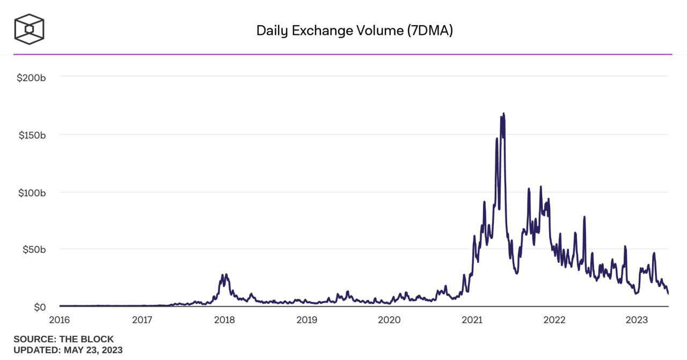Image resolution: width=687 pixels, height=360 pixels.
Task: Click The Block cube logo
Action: pos(29,29)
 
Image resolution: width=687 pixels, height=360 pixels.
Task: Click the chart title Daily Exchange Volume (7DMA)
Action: pos(354,31)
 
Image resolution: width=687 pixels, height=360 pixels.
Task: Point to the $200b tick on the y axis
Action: pos(31,77)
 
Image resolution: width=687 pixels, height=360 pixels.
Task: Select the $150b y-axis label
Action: pos(31,135)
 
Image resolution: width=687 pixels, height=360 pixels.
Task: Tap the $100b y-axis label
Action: pos(31,192)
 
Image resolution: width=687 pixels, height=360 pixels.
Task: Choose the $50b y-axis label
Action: pos(33,249)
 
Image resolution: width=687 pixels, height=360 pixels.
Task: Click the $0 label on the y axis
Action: pos(39,307)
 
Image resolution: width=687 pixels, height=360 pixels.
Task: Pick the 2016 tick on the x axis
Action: pos(60,321)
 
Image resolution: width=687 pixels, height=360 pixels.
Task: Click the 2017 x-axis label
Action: pos(142,321)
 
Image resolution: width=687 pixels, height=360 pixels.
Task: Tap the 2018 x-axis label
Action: pos(224,321)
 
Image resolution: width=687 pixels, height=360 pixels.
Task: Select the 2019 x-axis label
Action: pos(306,321)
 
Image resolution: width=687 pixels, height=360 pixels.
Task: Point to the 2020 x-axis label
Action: pos(389,321)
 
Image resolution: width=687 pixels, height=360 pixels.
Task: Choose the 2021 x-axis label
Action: pos(472,321)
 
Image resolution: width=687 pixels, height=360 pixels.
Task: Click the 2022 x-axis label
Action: pos(554,321)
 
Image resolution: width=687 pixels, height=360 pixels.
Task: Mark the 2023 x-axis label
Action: pos(637,321)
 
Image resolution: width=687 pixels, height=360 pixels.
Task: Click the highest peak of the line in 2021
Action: pos(503,114)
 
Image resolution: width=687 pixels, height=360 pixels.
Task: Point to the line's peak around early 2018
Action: pos(226,275)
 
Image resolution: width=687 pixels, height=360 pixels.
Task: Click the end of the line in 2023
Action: pos(668,293)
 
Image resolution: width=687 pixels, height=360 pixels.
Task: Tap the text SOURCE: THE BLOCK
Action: pos(63,340)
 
